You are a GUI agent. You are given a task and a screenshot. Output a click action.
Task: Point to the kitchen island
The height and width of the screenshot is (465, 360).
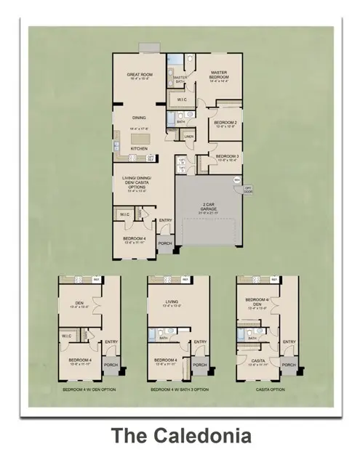[x=138, y=137]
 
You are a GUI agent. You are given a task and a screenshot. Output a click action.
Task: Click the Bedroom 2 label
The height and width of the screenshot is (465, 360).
[x=224, y=123]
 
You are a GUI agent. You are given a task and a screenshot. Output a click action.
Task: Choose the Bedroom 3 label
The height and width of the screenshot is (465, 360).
[x=228, y=157]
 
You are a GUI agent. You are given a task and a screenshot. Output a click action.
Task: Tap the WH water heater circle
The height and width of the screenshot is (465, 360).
[x=237, y=179]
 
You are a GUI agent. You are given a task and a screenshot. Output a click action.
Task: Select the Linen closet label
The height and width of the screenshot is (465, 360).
[x=189, y=136]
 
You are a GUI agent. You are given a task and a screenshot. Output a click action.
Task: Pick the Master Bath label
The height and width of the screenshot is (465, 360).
[x=179, y=81]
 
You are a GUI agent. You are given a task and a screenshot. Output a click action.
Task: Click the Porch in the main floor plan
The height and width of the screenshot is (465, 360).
[x=166, y=243]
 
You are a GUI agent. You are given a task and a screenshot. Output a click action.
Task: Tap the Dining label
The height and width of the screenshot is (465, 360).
[x=138, y=117]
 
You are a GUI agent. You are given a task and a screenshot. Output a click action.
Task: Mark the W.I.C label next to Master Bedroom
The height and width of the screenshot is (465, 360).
[x=183, y=100]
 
